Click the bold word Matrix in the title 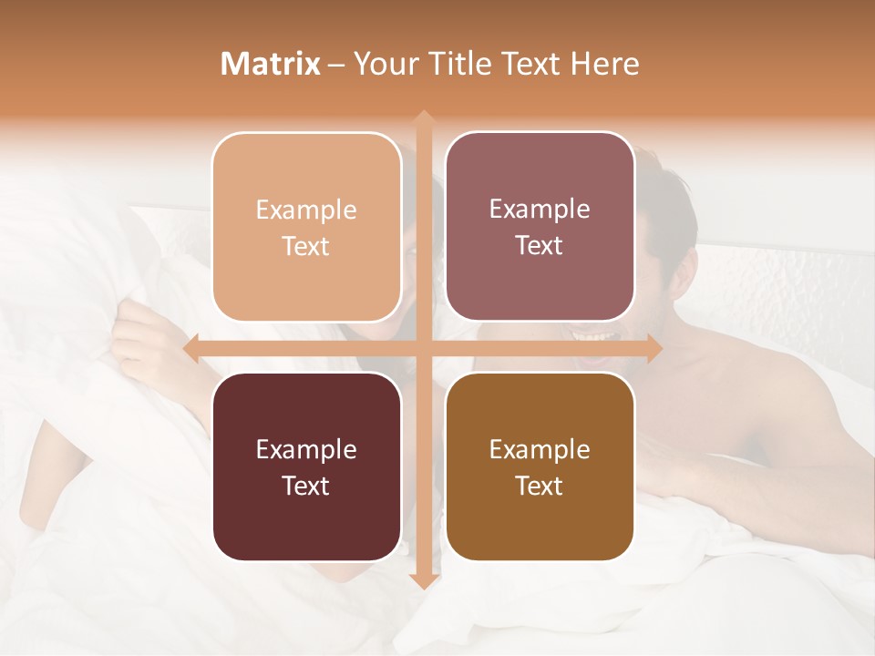(x=271, y=64)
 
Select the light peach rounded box (x=306, y=227)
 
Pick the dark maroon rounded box (x=306, y=466)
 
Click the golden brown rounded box (x=540, y=466)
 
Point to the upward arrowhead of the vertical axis (x=423, y=117)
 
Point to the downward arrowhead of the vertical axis (x=423, y=582)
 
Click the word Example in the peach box (x=306, y=210)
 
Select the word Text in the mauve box (x=540, y=246)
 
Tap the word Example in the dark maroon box (x=306, y=450)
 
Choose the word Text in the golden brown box (x=540, y=487)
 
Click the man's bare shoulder (x=757, y=383)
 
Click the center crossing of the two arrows (x=423, y=348)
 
